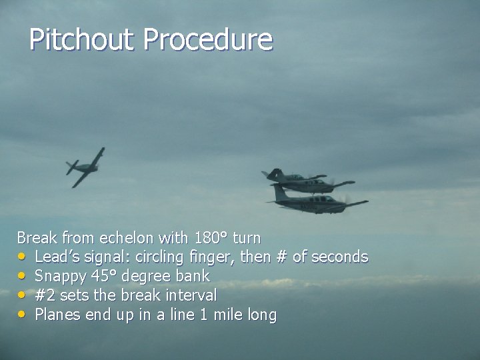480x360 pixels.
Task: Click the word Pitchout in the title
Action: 81,40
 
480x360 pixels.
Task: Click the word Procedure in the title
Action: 207,40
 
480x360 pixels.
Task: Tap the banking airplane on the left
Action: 85,166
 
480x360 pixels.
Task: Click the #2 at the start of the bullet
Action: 44,295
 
